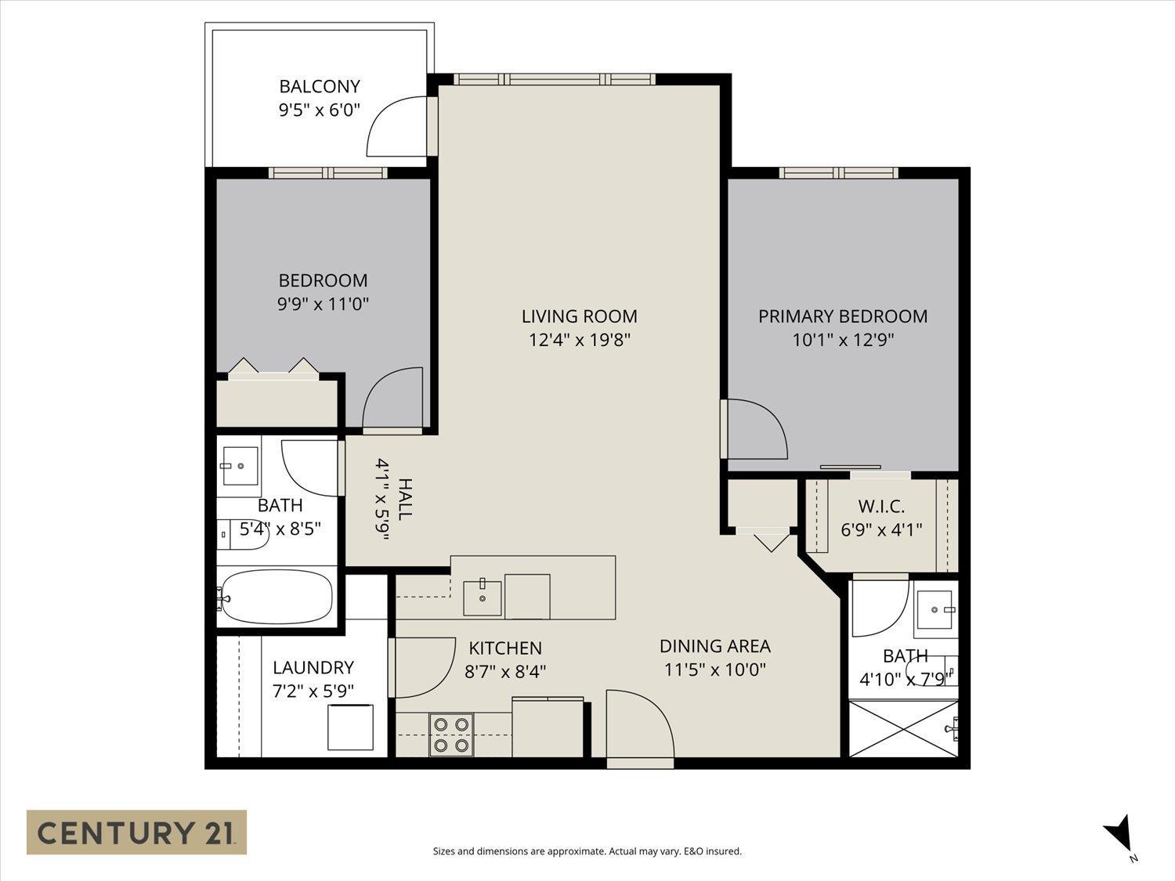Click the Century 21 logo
click(x=136, y=832)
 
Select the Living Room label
click(x=579, y=316)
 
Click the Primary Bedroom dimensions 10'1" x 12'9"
click(x=842, y=340)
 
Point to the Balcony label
click(x=320, y=86)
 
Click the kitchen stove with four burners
click(x=451, y=735)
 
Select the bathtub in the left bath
click(x=276, y=597)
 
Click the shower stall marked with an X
click(x=903, y=729)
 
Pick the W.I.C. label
click(x=881, y=507)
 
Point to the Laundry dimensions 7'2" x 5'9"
click(x=313, y=691)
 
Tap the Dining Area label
click(x=714, y=646)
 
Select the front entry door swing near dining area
click(x=638, y=724)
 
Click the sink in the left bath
click(x=240, y=466)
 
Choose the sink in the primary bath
click(x=935, y=609)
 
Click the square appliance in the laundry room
click(x=349, y=728)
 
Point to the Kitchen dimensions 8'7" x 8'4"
click(x=504, y=671)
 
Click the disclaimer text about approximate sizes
click(x=587, y=851)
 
